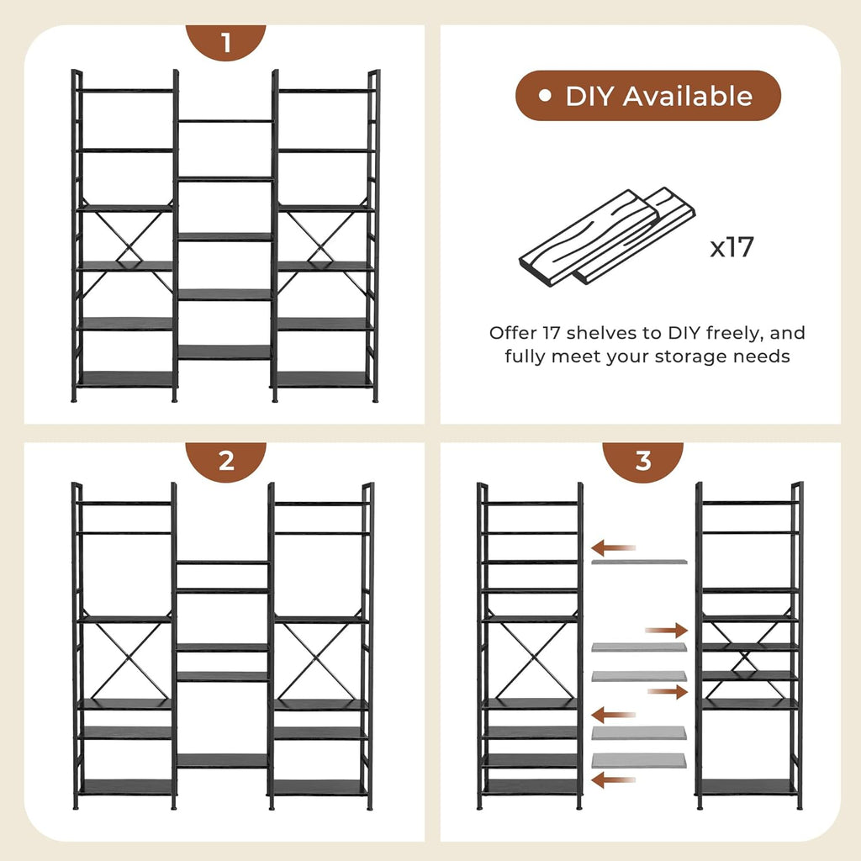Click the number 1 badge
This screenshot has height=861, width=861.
(x=225, y=42)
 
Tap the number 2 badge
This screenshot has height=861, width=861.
(x=225, y=461)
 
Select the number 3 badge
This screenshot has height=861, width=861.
(x=643, y=461)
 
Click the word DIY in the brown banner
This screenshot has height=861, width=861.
(x=589, y=96)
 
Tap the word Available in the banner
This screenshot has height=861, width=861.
(x=688, y=96)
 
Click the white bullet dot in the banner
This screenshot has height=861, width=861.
(x=545, y=96)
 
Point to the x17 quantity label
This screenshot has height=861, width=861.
(x=732, y=247)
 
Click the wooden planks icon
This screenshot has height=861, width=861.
(x=607, y=236)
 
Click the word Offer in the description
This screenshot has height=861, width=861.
(x=513, y=333)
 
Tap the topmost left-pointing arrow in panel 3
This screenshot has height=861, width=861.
(x=613, y=547)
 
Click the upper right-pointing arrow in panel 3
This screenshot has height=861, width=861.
(x=666, y=631)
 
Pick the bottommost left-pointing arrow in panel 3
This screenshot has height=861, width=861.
(x=613, y=779)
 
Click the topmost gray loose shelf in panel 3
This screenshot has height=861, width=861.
(x=639, y=562)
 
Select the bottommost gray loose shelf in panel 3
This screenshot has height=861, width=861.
(x=639, y=760)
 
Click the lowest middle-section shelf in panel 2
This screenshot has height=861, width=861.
(x=222, y=760)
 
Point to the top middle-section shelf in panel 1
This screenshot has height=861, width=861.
(x=225, y=121)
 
